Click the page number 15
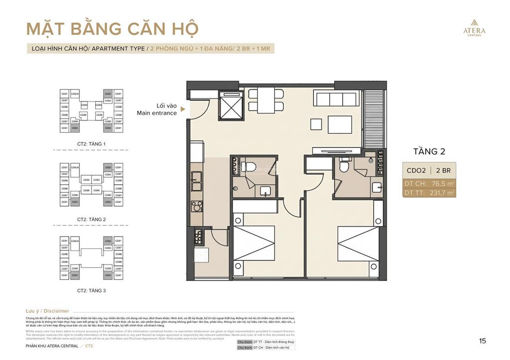click(482, 341)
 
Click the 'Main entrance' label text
click(157, 113)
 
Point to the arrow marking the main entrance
click(183, 109)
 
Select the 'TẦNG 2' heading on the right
click(428, 151)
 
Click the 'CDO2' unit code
click(416, 170)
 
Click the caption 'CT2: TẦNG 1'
click(91, 144)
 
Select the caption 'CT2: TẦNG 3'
click(91, 290)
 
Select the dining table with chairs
click(266, 99)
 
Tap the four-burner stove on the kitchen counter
click(197, 206)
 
